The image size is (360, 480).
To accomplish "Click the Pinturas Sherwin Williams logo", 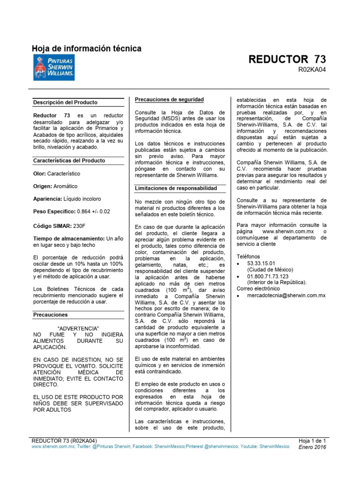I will (53, 67).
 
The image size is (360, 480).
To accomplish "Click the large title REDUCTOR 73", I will (287, 60).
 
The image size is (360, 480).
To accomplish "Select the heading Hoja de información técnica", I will (86, 48).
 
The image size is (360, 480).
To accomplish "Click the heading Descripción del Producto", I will (66, 102).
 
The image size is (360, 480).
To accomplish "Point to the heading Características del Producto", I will (69, 160).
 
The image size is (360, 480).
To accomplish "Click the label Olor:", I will (40, 173).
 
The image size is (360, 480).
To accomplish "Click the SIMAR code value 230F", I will (79, 226).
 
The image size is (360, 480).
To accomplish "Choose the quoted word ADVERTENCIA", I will (78, 328).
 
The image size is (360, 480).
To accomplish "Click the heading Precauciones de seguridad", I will (169, 99).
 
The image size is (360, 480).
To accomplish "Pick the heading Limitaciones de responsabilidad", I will (176, 188).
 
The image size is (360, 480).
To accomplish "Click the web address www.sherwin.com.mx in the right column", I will (287, 232).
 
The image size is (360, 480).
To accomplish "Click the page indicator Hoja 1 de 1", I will (312, 441).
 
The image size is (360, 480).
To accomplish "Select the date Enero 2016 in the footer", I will (313, 447).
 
